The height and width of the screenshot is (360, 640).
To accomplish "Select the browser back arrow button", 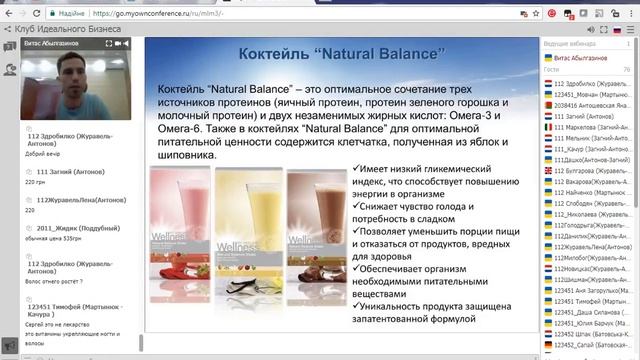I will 11,13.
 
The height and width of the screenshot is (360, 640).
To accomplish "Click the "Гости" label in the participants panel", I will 552,70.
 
